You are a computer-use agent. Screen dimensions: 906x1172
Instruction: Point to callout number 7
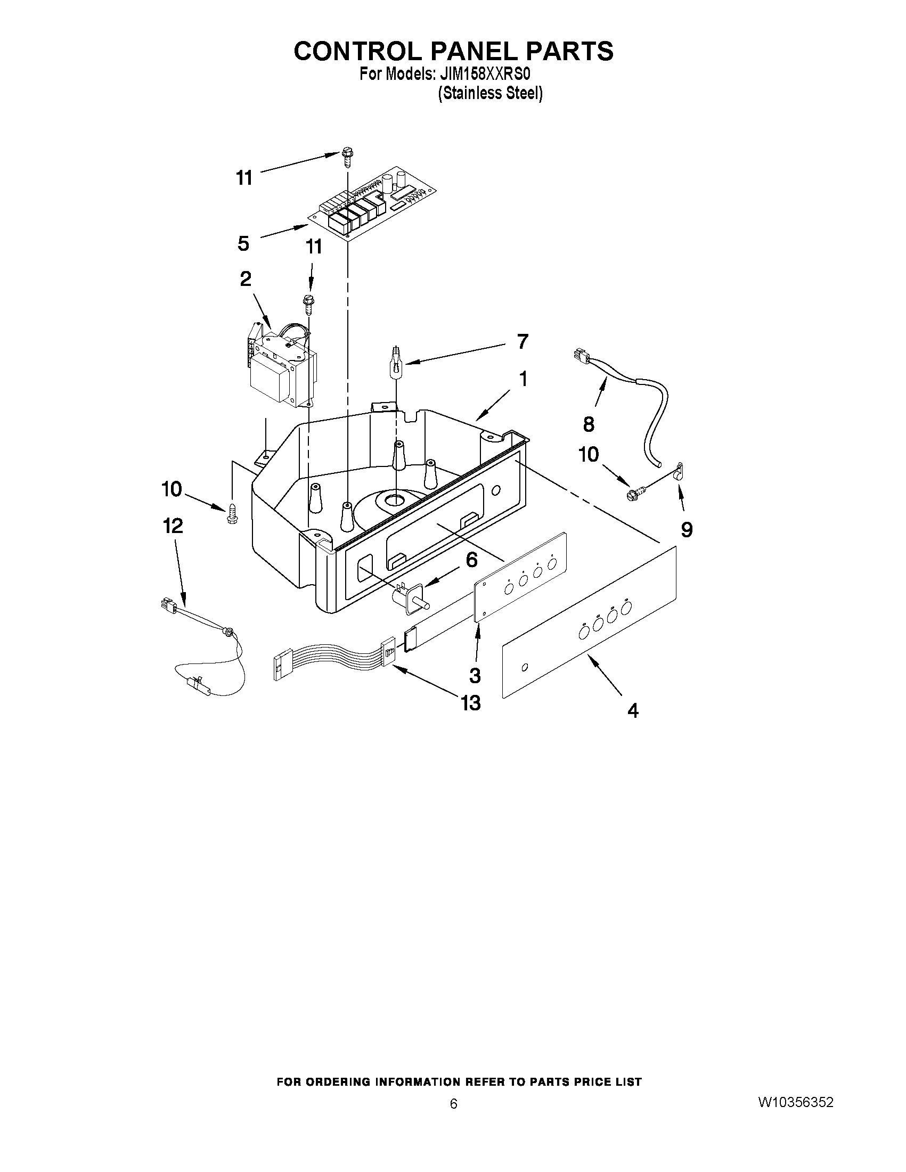pyautogui.click(x=521, y=341)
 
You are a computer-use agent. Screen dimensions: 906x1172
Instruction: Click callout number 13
pyautogui.click(x=471, y=702)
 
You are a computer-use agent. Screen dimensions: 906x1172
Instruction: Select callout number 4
pyautogui.click(x=633, y=710)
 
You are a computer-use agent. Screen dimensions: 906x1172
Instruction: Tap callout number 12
pyautogui.click(x=173, y=526)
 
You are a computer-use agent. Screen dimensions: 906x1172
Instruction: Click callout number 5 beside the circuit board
pyautogui.click(x=243, y=244)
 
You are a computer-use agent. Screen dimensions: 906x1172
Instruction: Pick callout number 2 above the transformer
pyautogui.click(x=246, y=279)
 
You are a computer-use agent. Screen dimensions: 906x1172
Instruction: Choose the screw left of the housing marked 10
pyautogui.click(x=232, y=513)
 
